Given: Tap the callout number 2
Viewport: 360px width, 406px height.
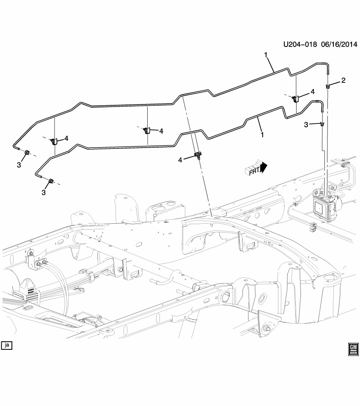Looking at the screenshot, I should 343,80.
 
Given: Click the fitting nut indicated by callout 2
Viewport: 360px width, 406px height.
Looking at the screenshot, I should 328,86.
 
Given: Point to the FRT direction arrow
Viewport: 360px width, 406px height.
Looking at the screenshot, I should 256,168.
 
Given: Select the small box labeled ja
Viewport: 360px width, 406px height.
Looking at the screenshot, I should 6,346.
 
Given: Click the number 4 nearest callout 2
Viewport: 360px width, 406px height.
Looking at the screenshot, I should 313,92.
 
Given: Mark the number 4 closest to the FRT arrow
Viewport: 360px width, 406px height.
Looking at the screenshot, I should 180,160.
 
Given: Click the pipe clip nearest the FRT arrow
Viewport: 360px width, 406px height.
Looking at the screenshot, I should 197,155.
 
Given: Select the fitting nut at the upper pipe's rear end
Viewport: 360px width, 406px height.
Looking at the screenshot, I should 26,152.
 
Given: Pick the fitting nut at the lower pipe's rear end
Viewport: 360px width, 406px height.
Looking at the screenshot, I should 51,181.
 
